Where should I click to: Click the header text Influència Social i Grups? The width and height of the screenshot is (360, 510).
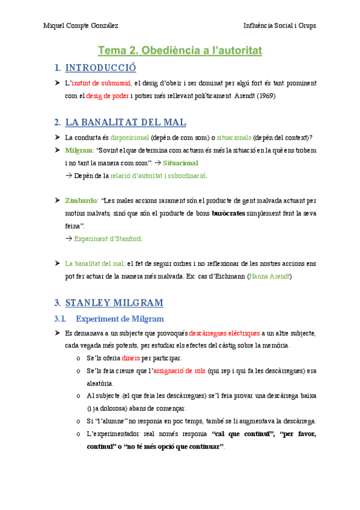(279, 26)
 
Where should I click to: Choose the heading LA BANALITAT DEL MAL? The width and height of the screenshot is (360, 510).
(126, 122)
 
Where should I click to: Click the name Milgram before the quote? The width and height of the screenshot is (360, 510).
(79, 150)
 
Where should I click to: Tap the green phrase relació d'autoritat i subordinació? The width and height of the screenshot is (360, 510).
(158, 176)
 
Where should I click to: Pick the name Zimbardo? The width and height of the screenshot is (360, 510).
(81, 200)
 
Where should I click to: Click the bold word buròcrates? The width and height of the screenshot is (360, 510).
(232, 213)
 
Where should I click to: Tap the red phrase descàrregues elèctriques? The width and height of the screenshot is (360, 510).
(224, 333)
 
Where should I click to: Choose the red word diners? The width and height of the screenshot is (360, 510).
(130, 358)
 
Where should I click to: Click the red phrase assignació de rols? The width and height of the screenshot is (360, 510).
(178, 371)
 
